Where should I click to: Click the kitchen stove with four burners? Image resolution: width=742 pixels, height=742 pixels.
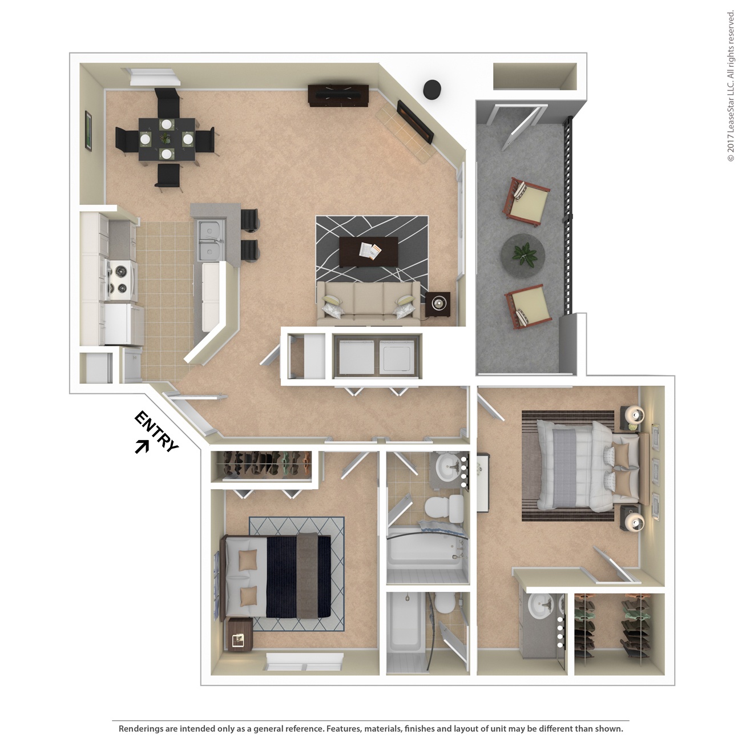coord(120,280)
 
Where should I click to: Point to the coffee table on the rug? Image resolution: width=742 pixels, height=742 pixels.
coord(368,251)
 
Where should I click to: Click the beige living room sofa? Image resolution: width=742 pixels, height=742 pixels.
coord(368,303)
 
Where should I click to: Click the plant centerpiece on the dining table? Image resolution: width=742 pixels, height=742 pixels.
coord(166,138)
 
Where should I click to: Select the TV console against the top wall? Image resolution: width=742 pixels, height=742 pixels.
coord(338,95)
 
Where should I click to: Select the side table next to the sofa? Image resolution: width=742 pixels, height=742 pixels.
coord(438,304)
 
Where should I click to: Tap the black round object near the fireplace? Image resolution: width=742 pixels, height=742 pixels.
coord(432,88)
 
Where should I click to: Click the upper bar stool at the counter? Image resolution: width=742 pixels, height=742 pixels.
coord(250,220)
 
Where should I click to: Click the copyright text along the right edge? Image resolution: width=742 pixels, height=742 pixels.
coord(731,86)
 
